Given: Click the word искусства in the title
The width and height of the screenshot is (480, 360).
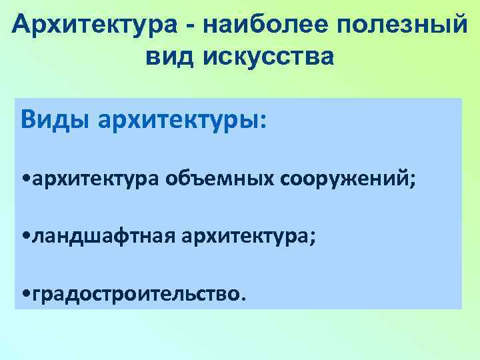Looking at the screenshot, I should [x=271, y=58].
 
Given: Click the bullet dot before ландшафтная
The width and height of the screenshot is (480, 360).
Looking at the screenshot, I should [x=25, y=236].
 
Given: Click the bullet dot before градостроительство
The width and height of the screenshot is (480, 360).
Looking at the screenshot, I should [x=25, y=293].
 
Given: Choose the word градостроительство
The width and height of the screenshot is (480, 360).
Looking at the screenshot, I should [x=133, y=293].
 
